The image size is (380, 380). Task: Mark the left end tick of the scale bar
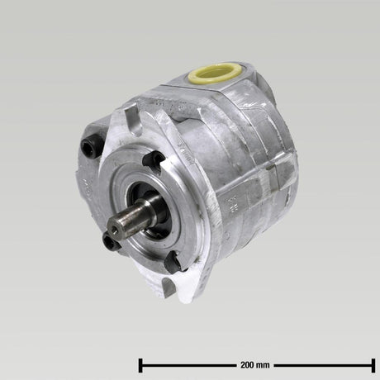140,363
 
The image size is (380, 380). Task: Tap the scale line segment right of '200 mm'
322,363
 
